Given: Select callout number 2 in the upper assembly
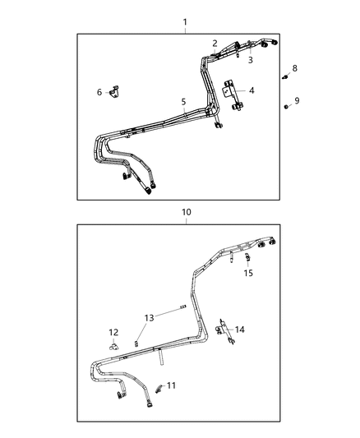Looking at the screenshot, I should pyautogui.click(x=215, y=44).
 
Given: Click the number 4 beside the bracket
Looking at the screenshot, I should pyautogui.click(x=252, y=90).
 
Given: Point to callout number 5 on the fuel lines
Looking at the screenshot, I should pyautogui.click(x=184, y=103).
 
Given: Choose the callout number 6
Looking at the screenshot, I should pyautogui.click(x=99, y=92).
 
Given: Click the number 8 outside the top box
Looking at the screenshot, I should pyautogui.click(x=296, y=68).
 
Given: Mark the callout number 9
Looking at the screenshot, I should pyautogui.click(x=297, y=100).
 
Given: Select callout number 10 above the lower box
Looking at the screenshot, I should pyautogui.click(x=187, y=212).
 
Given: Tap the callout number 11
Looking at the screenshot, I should pyautogui.click(x=171, y=385).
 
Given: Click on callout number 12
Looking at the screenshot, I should pyautogui.click(x=113, y=332).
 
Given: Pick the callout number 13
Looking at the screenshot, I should pyautogui.click(x=149, y=317).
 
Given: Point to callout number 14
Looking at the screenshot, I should pyautogui.click(x=240, y=330).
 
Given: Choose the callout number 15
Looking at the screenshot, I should pyautogui.click(x=247, y=273).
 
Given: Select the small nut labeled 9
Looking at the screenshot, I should pyautogui.click(x=284, y=107).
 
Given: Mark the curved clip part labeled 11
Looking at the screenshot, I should pyautogui.click(x=157, y=386).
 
